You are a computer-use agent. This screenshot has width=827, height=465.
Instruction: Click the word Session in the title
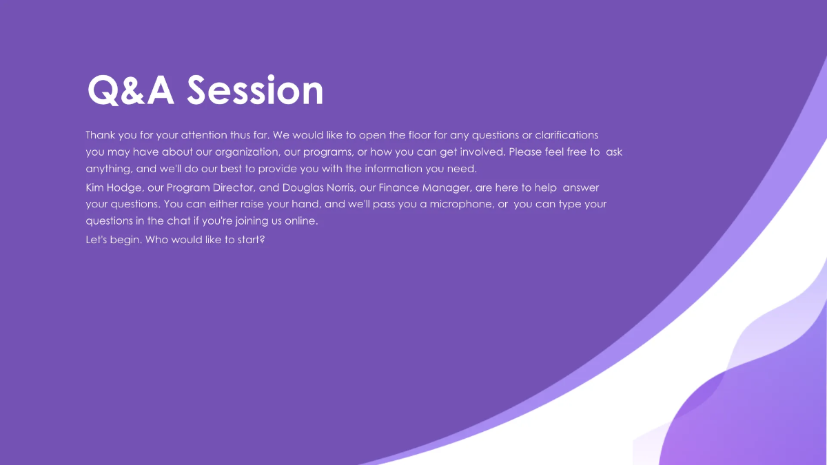pos(256,90)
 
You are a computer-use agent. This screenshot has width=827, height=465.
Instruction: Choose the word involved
pos(481,152)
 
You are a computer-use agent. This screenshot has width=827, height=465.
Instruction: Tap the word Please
pos(525,152)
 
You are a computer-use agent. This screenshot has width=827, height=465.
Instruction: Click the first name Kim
pos(95,187)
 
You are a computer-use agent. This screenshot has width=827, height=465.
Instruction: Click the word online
pos(300,222)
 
